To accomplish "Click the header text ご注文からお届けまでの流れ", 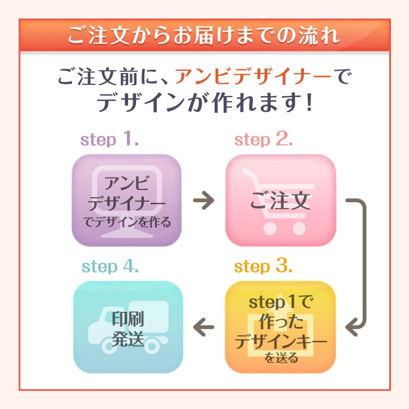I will tap(204, 35).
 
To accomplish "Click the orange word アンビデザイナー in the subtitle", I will tap(252, 76).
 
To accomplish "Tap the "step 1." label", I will tap(110, 140).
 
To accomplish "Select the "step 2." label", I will tap(263, 140).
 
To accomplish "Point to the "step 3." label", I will tap(263, 266).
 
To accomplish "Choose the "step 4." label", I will tap(110, 266).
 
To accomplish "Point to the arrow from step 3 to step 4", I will tap(204, 326).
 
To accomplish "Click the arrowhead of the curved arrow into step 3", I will tap(353, 325).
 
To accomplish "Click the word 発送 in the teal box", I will tap(128, 339).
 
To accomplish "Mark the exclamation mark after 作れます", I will tap(307, 103).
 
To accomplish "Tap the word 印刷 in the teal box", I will tap(128, 320).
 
